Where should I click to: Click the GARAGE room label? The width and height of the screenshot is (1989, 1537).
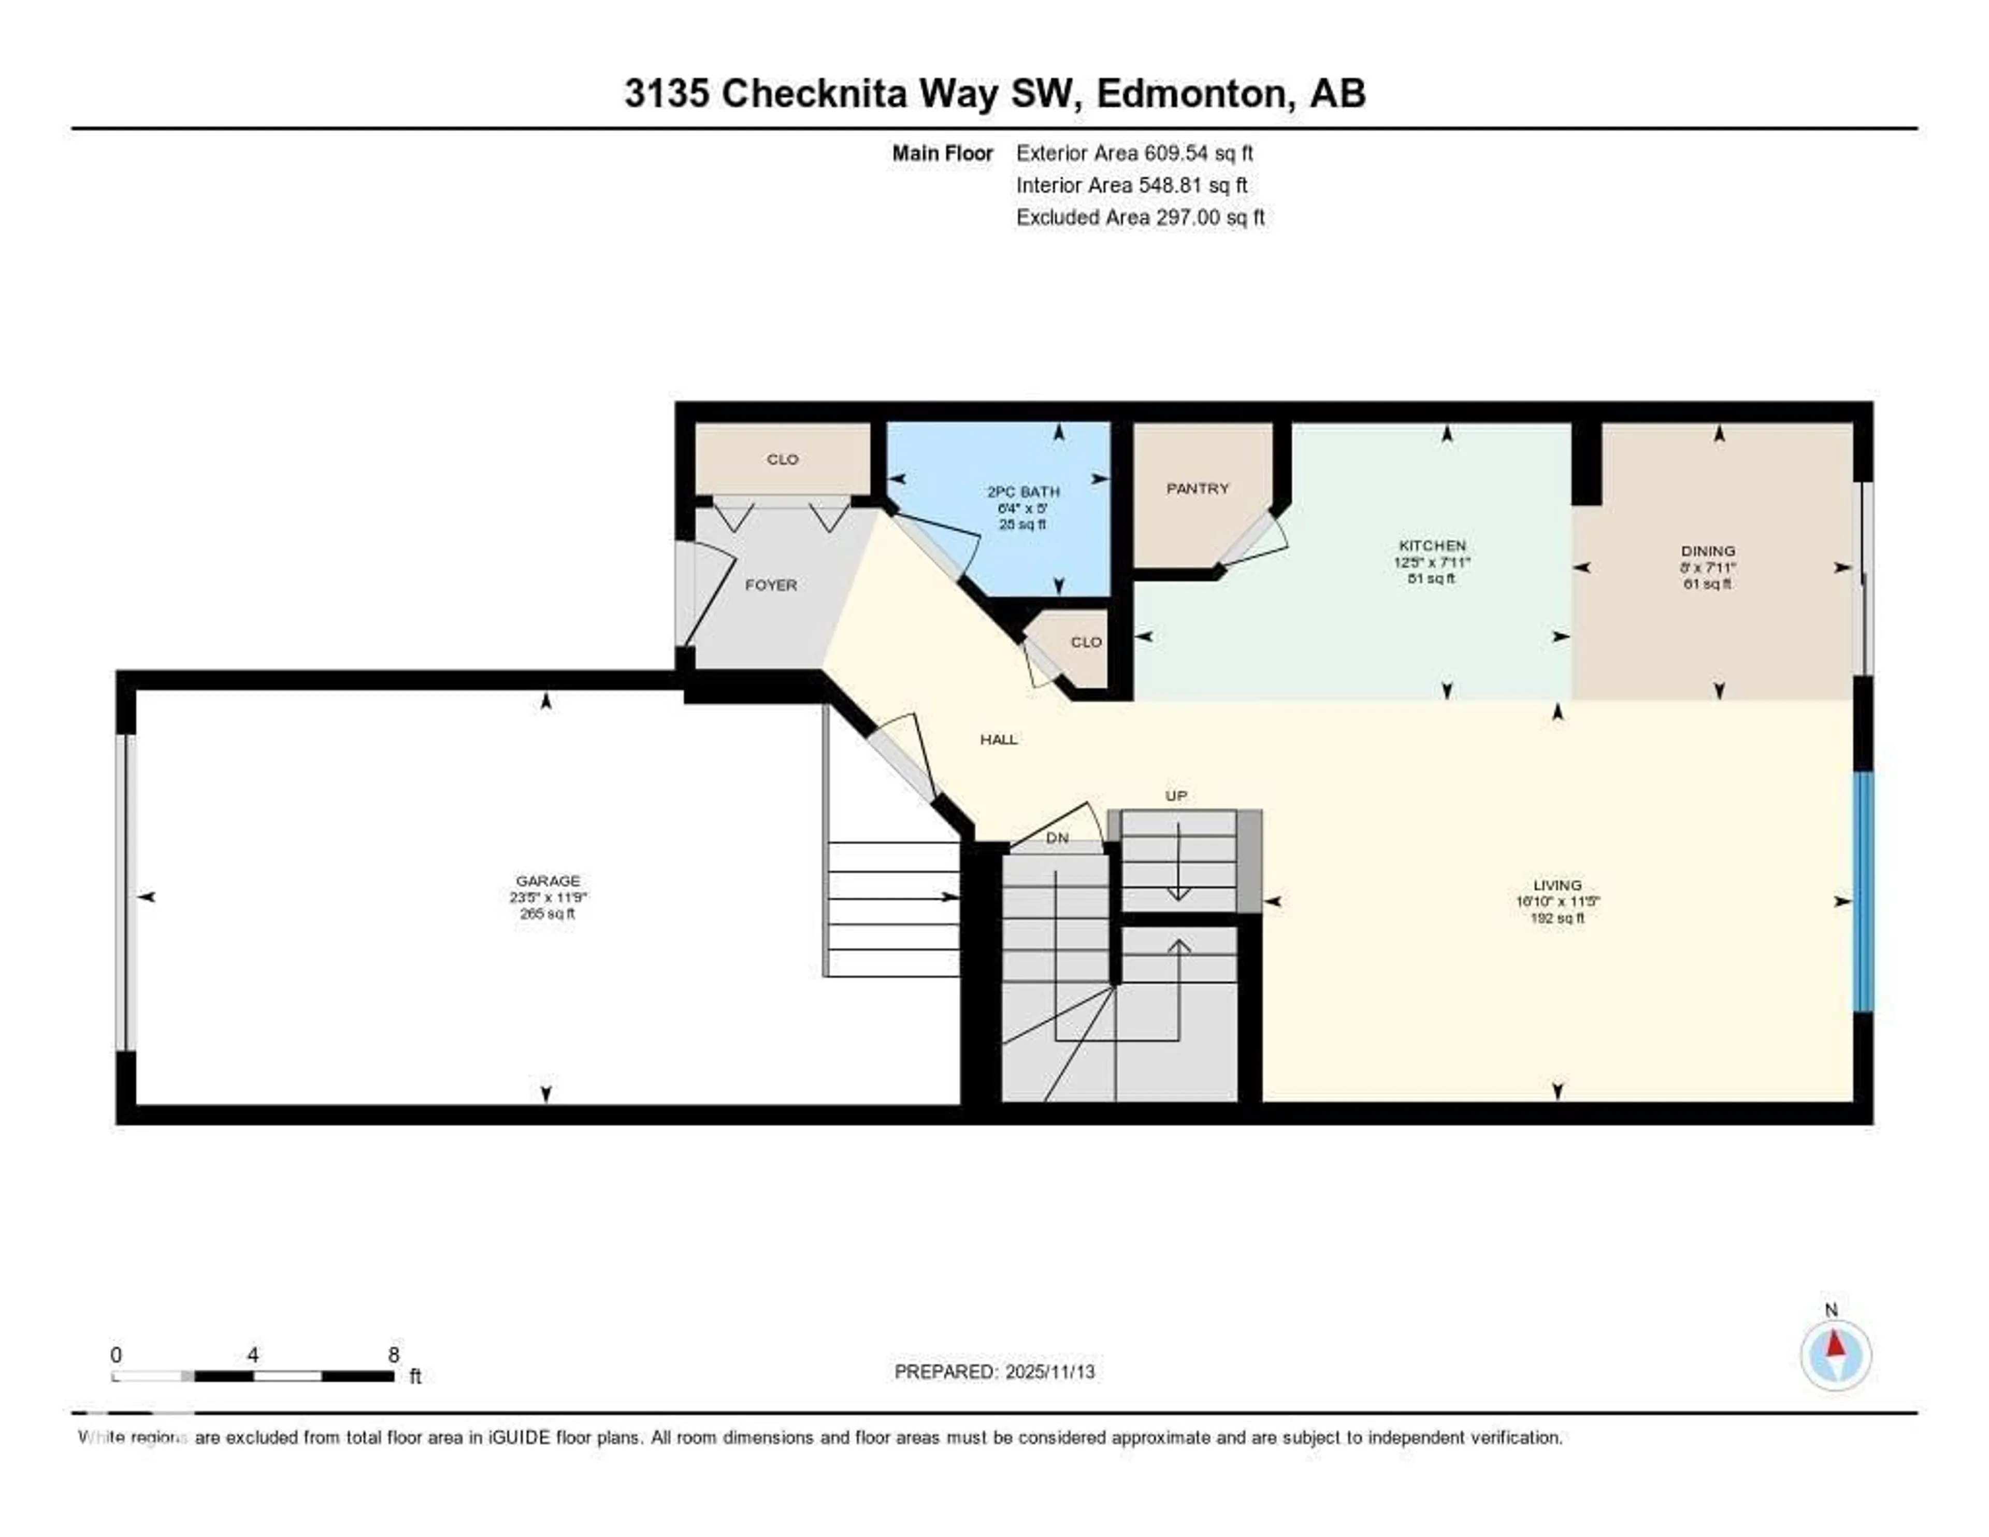click(547, 880)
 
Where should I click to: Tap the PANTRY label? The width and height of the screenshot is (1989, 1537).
click(1198, 488)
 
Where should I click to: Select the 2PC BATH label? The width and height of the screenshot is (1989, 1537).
click(1023, 491)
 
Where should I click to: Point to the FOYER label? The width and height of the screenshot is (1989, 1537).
click(770, 585)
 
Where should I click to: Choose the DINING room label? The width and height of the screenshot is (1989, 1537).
click(1708, 550)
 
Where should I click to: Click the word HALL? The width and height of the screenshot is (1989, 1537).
click(998, 739)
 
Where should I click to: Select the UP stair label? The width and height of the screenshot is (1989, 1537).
click(1176, 795)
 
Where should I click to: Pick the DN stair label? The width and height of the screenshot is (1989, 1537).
click(1057, 837)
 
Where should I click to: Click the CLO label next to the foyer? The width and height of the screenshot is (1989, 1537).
click(782, 459)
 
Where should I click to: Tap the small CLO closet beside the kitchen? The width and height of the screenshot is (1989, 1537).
click(1086, 642)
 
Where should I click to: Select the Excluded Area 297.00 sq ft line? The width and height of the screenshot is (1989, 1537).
click(1140, 217)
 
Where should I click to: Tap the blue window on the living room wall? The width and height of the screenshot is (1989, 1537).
click(1863, 891)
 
